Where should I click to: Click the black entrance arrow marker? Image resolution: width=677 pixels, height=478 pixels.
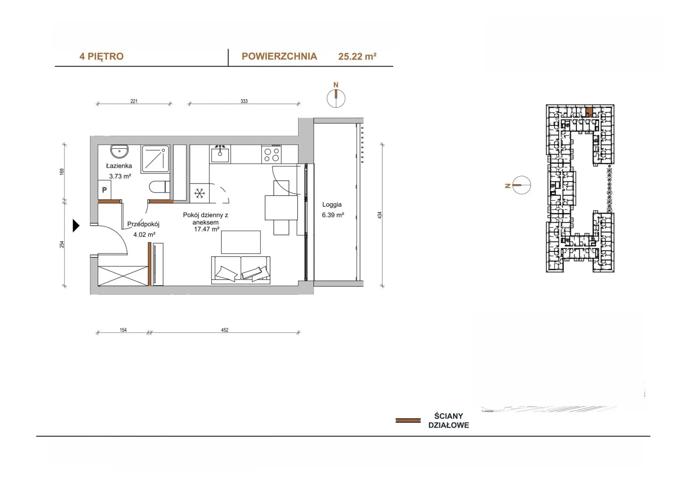[76, 226]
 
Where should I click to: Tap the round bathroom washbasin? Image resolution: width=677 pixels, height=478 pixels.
[120, 151]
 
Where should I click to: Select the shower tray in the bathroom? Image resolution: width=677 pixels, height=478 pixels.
[156, 159]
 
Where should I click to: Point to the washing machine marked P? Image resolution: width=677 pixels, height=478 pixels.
[104, 190]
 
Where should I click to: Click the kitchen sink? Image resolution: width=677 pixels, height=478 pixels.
[220, 154]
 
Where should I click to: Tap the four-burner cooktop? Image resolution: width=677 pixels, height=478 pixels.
[271, 154]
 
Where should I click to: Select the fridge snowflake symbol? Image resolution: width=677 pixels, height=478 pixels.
[199, 193]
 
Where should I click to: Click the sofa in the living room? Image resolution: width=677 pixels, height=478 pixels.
[241, 270]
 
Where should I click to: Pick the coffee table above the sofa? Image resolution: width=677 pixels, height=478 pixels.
[241, 242]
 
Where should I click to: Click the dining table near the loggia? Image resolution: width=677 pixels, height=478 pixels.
[281, 208]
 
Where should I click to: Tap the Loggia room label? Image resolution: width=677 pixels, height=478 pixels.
[332, 205]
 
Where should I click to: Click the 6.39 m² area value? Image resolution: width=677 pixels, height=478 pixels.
[333, 215]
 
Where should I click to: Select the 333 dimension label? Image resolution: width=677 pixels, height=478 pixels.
[244, 101]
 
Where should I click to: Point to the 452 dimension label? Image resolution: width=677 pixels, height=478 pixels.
[225, 330]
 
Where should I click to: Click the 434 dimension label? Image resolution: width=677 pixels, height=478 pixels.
[380, 215]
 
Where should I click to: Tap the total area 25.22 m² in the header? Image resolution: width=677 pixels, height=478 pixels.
[357, 57]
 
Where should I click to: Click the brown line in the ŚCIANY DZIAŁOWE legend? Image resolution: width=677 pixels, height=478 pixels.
[408, 421]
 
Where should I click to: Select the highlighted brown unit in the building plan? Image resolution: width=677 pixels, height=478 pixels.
[589, 112]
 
